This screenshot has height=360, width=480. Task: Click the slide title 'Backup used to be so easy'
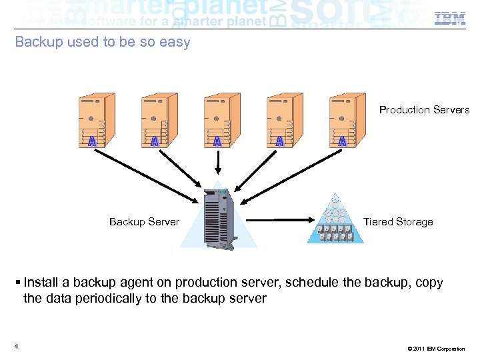[103, 42]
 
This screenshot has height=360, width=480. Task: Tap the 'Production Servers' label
[424, 110]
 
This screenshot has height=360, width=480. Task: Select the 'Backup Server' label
[144, 222]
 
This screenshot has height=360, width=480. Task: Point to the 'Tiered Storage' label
[398, 222]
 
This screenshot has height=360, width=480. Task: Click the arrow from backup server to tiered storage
[280, 219]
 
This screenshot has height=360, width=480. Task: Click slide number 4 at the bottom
[15, 346]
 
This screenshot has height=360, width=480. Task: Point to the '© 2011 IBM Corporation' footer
[434, 349]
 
